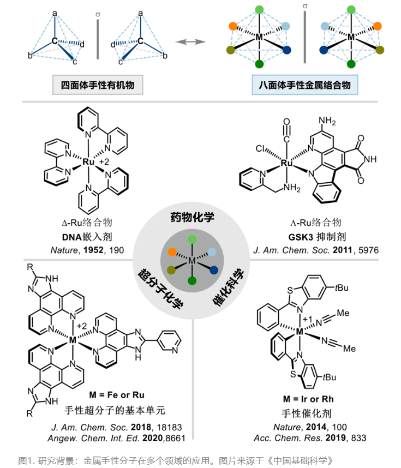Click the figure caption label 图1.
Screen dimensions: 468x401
[26, 460]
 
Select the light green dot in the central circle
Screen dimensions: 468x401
[192, 240]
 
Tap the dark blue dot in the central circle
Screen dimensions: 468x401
[213, 269]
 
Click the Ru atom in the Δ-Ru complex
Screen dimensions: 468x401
[88, 162]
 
